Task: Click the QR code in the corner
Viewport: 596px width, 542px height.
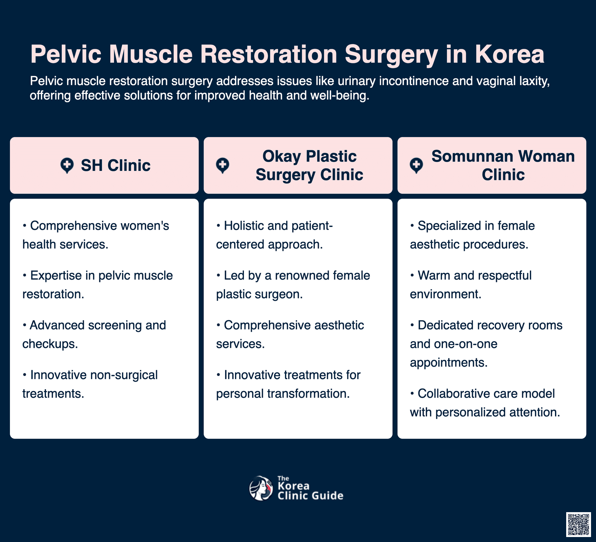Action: pyautogui.click(x=578, y=524)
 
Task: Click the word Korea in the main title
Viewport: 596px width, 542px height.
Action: pyautogui.click(x=509, y=54)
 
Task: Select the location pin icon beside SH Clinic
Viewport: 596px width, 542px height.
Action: pyautogui.click(x=67, y=165)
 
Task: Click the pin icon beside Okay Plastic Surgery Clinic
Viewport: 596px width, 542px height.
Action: pyautogui.click(x=223, y=165)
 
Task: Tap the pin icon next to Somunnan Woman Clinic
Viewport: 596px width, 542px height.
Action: pyautogui.click(x=416, y=165)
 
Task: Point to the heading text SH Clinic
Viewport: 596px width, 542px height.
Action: pyautogui.click(x=115, y=165)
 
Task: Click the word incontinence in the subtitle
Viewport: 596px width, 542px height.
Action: pyautogui.click(x=413, y=81)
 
